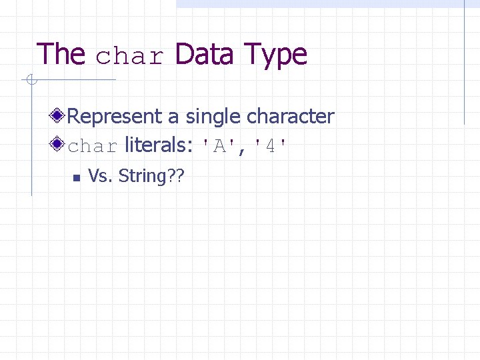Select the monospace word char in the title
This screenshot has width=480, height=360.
[x=129, y=57]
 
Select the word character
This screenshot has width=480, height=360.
[x=291, y=117]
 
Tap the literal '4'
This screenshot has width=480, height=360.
[x=271, y=146]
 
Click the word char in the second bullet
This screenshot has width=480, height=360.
[x=93, y=146]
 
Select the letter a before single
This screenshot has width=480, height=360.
[x=173, y=118]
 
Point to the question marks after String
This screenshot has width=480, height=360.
[x=177, y=177]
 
